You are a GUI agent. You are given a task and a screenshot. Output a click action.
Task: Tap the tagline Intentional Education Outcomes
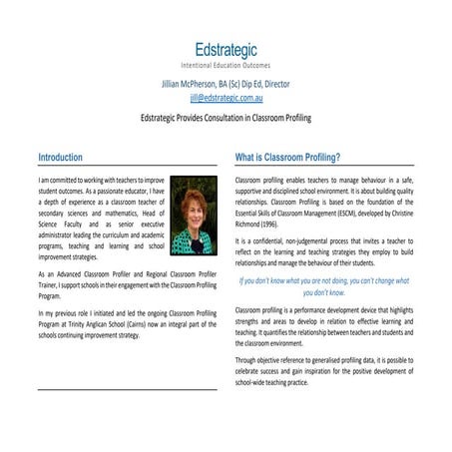(x=226, y=65)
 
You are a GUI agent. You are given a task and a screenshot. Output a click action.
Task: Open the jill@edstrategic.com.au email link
(x=226, y=98)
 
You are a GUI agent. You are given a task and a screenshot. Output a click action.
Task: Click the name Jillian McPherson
(x=194, y=85)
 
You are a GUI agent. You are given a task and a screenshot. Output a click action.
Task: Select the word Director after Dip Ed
(x=274, y=85)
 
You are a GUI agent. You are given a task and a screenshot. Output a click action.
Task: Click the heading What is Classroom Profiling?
(x=287, y=157)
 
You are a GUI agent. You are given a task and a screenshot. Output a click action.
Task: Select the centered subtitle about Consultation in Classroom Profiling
(x=226, y=117)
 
